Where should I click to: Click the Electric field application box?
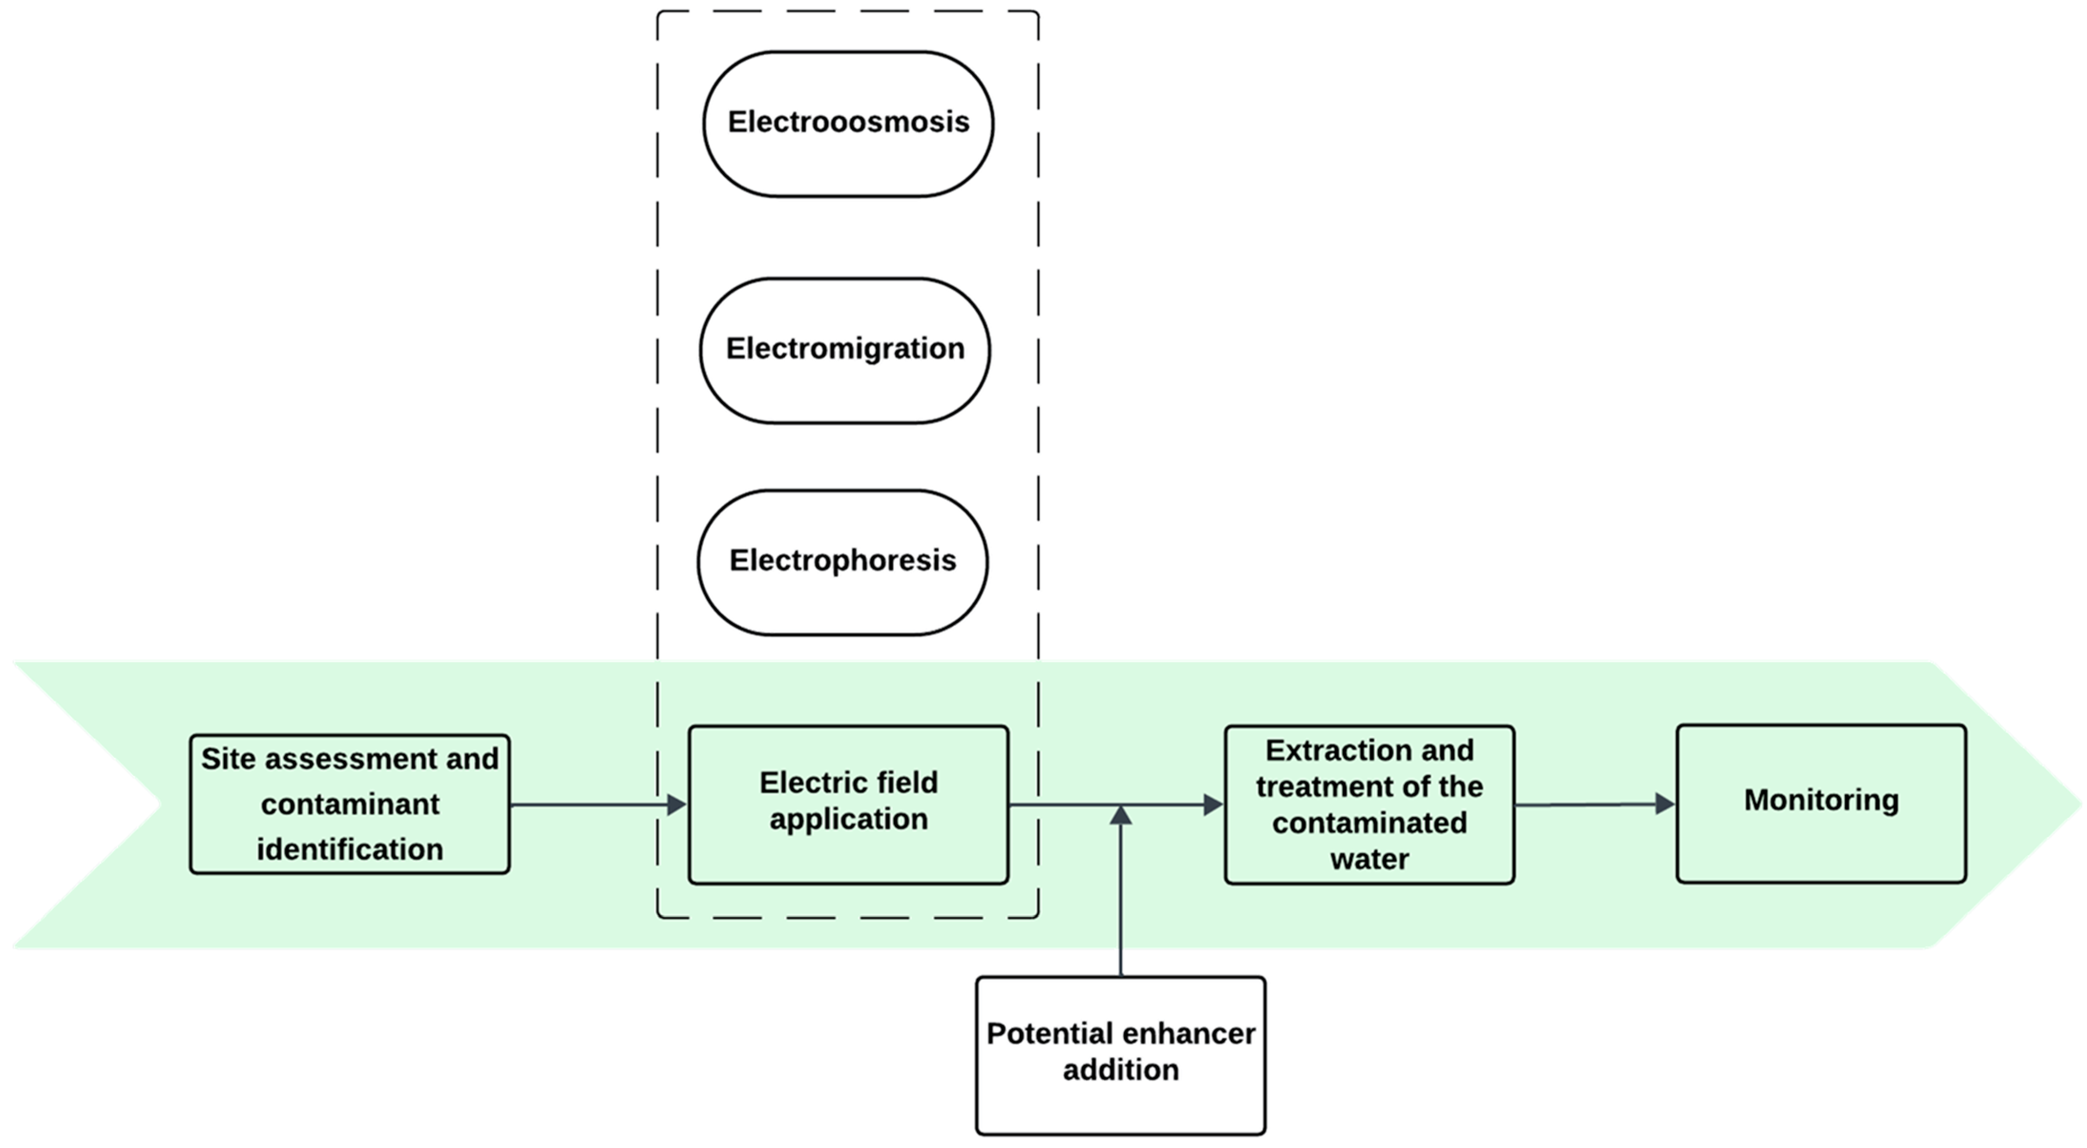(x=848, y=804)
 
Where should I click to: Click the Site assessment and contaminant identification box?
(x=349, y=804)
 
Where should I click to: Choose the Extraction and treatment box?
(x=1369, y=804)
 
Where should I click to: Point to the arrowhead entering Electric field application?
(x=677, y=804)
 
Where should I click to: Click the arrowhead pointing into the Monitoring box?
(x=1665, y=804)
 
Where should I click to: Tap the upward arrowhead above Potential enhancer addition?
(x=1121, y=815)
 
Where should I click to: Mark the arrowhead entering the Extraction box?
(x=1214, y=804)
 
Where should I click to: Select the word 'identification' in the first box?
(x=349, y=849)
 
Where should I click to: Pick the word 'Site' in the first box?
(x=229, y=759)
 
